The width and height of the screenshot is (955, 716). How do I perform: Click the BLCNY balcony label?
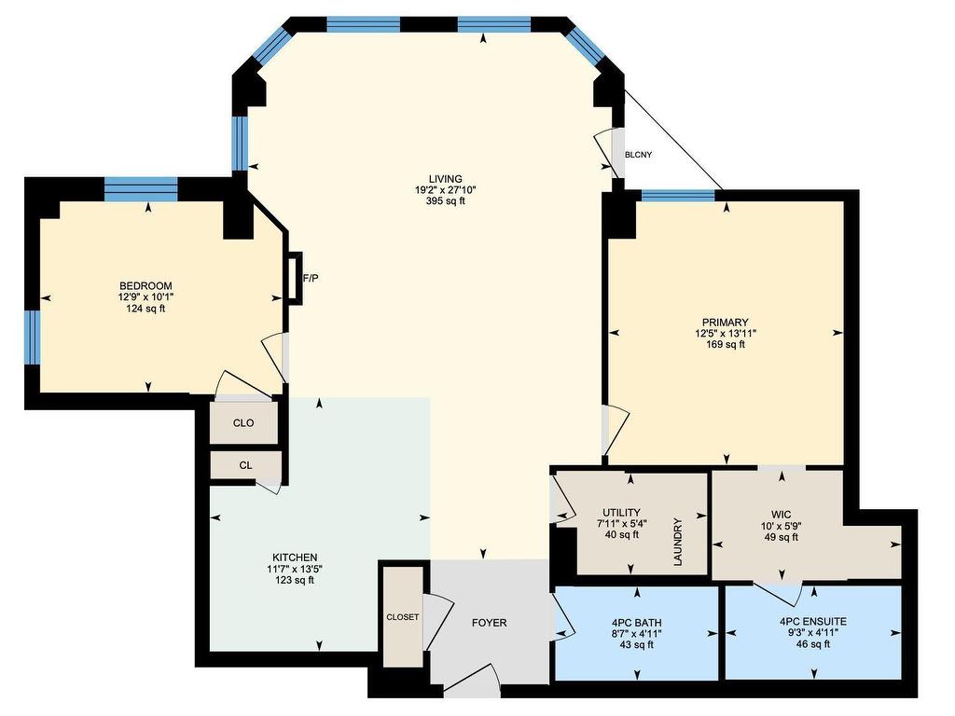click(638, 155)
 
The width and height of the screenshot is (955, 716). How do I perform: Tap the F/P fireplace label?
click(311, 278)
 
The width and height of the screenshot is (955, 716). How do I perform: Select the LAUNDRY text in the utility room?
click(678, 542)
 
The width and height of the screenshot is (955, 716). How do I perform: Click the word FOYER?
click(489, 623)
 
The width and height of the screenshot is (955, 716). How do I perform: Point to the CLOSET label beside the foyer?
click(403, 617)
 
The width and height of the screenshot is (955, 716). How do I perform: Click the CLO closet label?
click(243, 423)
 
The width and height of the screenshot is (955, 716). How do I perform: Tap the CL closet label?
click(245, 466)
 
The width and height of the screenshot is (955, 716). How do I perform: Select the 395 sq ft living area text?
click(446, 201)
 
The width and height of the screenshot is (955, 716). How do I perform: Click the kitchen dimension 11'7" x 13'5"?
click(295, 569)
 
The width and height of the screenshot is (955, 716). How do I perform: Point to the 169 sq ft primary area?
click(726, 345)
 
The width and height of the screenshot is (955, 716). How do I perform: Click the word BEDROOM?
click(145, 285)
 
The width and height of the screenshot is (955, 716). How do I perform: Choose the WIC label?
click(781, 515)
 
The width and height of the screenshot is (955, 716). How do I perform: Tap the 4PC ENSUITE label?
click(813, 622)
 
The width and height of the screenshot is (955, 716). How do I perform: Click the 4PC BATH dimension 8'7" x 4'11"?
click(637, 633)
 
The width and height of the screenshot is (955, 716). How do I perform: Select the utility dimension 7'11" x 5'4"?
click(622, 524)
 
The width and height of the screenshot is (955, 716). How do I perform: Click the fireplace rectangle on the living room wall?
click(294, 278)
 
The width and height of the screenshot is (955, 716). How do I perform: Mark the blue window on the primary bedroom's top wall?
click(678, 196)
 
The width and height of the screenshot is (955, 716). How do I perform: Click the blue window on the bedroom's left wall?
click(33, 337)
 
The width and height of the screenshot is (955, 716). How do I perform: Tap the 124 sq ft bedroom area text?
click(145, 309)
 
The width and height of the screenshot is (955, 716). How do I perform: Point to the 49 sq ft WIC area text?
click(781, 538)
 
